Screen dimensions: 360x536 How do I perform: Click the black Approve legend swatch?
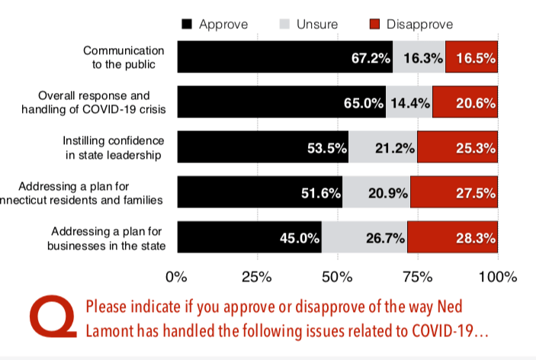coord(188,24)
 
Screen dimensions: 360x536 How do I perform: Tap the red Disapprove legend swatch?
coord(374,24)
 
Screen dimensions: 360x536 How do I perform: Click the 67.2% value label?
coord(372,58)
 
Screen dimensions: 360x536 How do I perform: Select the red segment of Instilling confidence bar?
coord(457,148)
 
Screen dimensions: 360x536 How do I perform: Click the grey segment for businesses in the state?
coord(364,238)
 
